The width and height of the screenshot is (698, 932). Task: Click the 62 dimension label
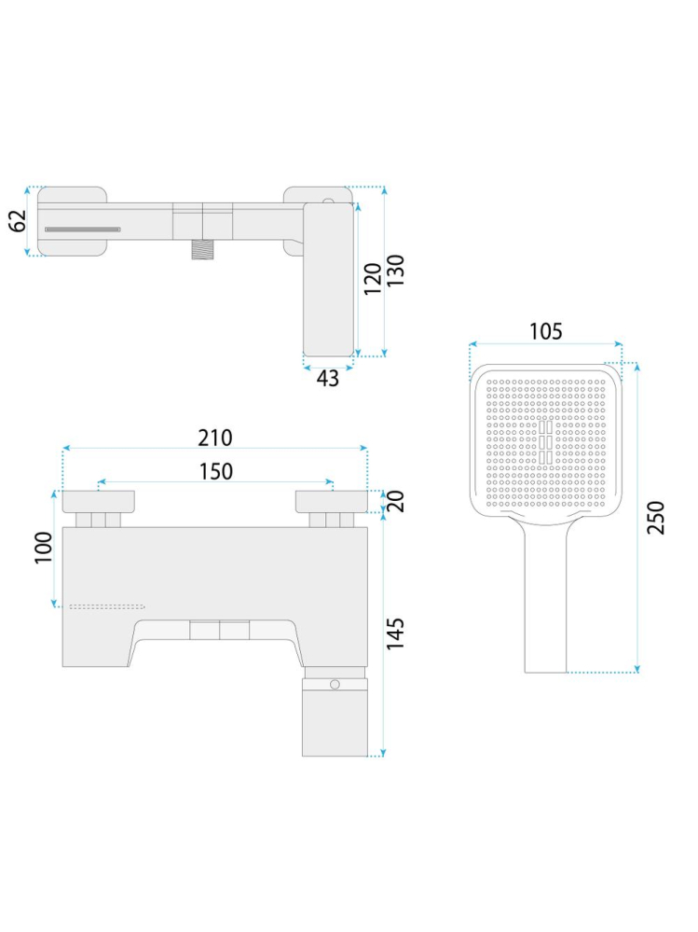19,221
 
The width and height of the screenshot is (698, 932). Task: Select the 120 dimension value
372,278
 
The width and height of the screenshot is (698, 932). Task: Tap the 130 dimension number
395,271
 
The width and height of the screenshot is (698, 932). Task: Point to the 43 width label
328,378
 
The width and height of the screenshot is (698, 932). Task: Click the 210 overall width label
215,438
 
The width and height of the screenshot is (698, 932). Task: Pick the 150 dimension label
215,472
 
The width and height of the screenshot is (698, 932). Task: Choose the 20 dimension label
395,501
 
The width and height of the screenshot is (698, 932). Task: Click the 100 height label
43,548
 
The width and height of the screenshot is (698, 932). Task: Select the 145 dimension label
395,633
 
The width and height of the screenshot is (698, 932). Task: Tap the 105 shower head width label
545,332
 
